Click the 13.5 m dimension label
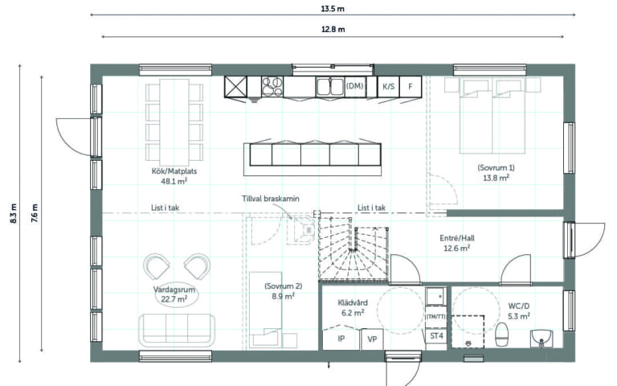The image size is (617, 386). (333, 9)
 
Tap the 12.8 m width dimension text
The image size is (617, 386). (333, 30)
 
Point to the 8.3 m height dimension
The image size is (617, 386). (14, 213)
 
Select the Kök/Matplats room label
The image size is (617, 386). (174, 171)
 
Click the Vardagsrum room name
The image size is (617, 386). (174, 289)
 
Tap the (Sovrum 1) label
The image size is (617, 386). (496, 167)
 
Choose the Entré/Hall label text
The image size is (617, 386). (457, 238)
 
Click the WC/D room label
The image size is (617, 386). (519, 306)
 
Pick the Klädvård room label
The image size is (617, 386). (353, 302)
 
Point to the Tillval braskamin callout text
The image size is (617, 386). (270, 199)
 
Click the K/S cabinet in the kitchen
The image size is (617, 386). (388, 86)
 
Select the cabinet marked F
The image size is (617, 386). (411, 86)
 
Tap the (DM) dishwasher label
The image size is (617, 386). (354, 85)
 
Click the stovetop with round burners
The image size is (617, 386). (272, 86)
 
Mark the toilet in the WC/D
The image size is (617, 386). (501, 334)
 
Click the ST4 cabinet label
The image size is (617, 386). (436, 336)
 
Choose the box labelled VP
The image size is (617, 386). (372, 339)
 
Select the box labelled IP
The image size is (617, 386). (341, 339)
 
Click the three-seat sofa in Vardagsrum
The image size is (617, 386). (177, 330)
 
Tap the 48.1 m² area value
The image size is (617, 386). (174, 182)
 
